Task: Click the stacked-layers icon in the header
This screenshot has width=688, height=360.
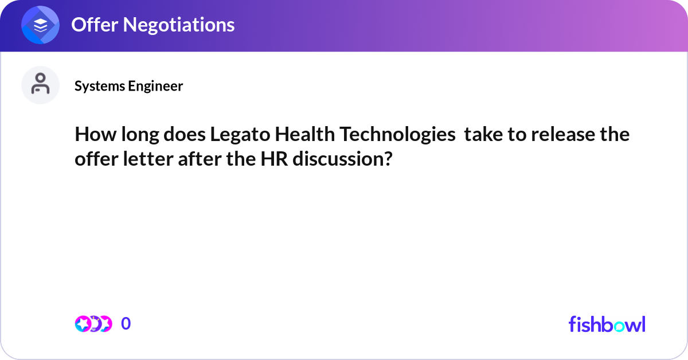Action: pyautogui.click(x=41, y=26)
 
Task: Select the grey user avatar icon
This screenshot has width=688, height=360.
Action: pyautogui.click(x=41, y=85)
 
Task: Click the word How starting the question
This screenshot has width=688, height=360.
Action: pyautogui.click(x=92, y=135)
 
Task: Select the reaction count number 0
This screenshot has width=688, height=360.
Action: pyautogui.click(x=126, y=324)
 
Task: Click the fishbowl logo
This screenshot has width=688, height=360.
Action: pyautogui.click(x=607, y=324)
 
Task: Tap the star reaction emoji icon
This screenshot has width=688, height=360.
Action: pyautogui.click(x=83, y=324)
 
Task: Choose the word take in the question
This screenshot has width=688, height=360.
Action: pyautogui.click(x=483, y=135)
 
